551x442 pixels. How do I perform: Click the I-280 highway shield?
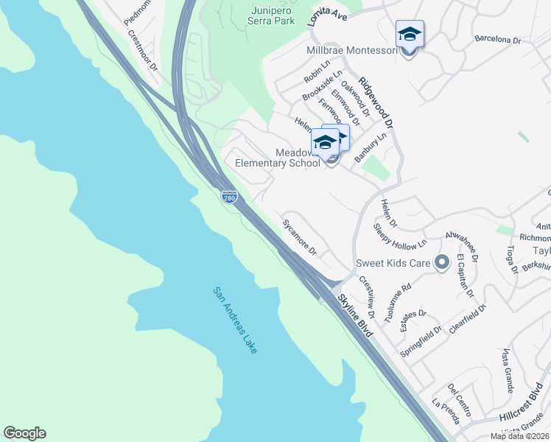pyautogui.click(x=229, y=196)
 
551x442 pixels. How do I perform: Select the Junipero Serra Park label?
pyautogui.click(x=262, y=16)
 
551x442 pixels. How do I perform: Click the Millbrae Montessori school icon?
pyautogui.click(x=410, y=35)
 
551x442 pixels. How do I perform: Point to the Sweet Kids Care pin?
pyautogui.click(x=441, y=262)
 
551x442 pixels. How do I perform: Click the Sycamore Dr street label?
pyautogui.click(x=299, y=237)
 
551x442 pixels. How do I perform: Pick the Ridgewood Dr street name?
pyautogui.click(x=376, y=104)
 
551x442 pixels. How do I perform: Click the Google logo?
pyautogui.click(x=24, y=433)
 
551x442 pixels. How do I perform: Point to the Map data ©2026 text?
pyautogui.click(x=519, y=436)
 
